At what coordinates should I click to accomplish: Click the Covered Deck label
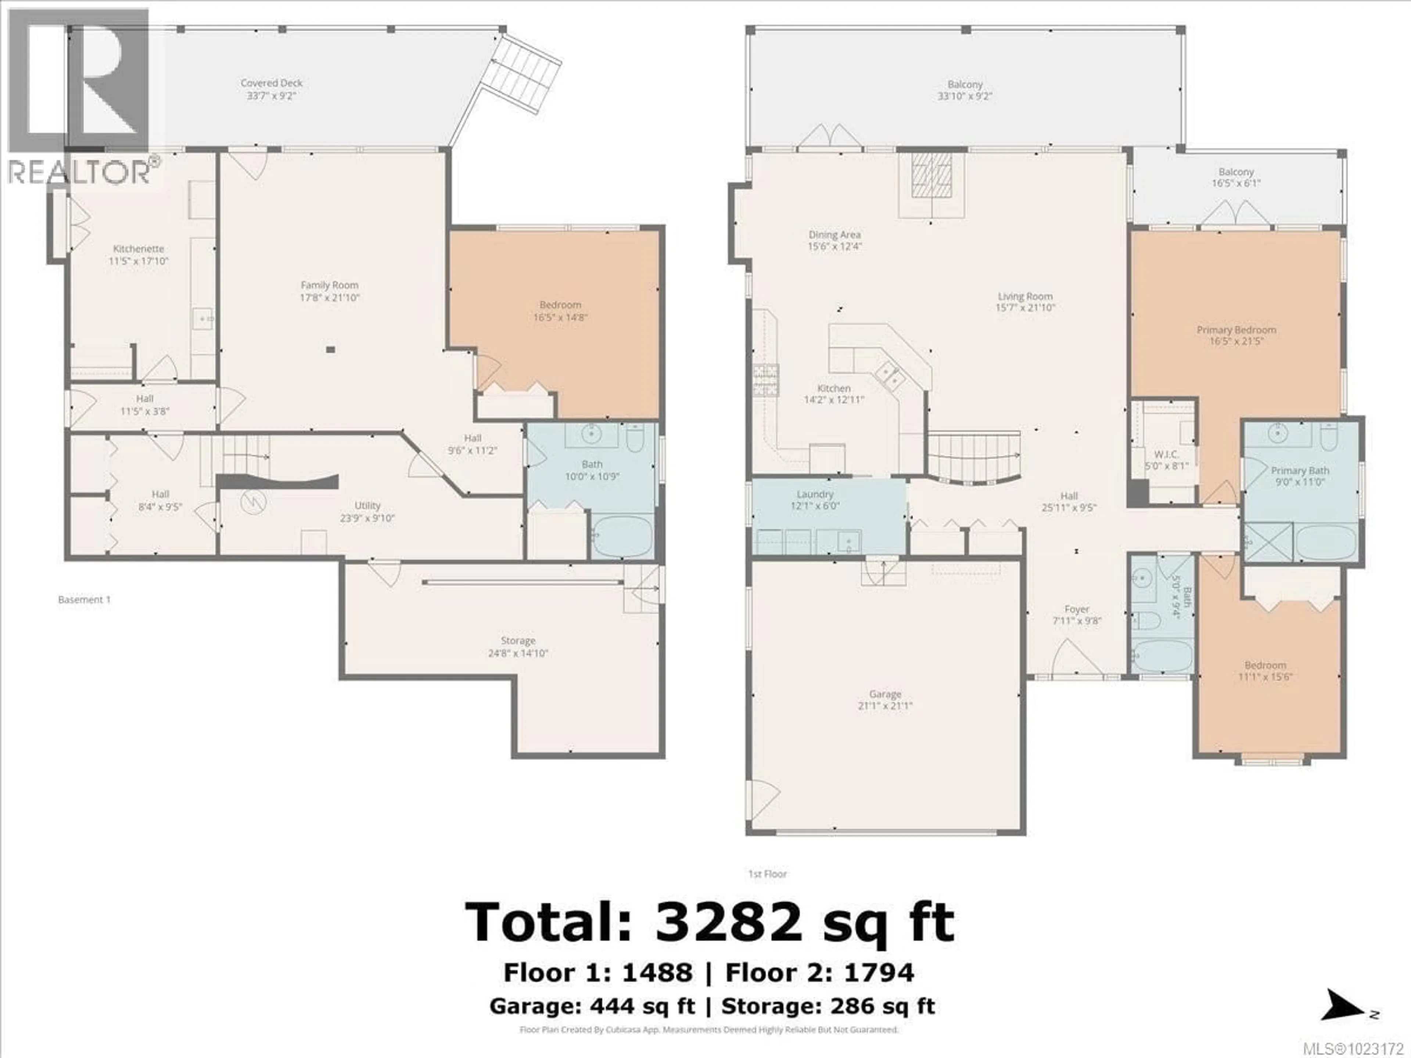tap(272, 83)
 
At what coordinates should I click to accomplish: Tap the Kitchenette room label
tap(139, 249)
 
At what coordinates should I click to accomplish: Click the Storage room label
tap(518, 640)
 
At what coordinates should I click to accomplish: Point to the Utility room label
tap(367, 506)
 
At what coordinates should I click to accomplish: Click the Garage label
tap(885, 694)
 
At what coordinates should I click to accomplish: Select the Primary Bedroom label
tap(1236, 330)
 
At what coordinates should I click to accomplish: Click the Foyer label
tap(1077, 609)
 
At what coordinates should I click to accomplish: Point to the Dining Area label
tap(834, 235)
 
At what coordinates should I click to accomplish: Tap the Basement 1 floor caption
tap(84, 600)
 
